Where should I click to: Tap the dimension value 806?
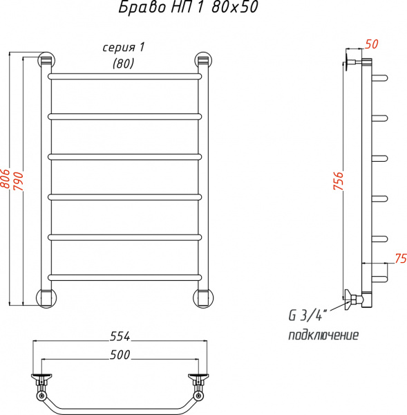tap(6, 181)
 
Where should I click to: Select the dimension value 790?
tap(21, 181)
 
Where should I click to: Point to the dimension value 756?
tap(338, 182)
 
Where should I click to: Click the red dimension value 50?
tap(371, 44)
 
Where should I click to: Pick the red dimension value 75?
tap(399, 258)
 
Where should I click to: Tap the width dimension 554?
tap(120, 337)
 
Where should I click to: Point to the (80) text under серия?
tap(123, 63)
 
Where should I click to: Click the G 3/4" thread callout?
tap(306, 317)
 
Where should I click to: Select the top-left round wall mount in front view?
tap(46, 60)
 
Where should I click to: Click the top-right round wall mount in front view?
tap(202, 60)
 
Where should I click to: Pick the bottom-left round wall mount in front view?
tap(46, 297)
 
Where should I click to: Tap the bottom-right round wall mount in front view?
tap(202, 297)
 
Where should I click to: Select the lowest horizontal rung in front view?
tap(124, 277)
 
